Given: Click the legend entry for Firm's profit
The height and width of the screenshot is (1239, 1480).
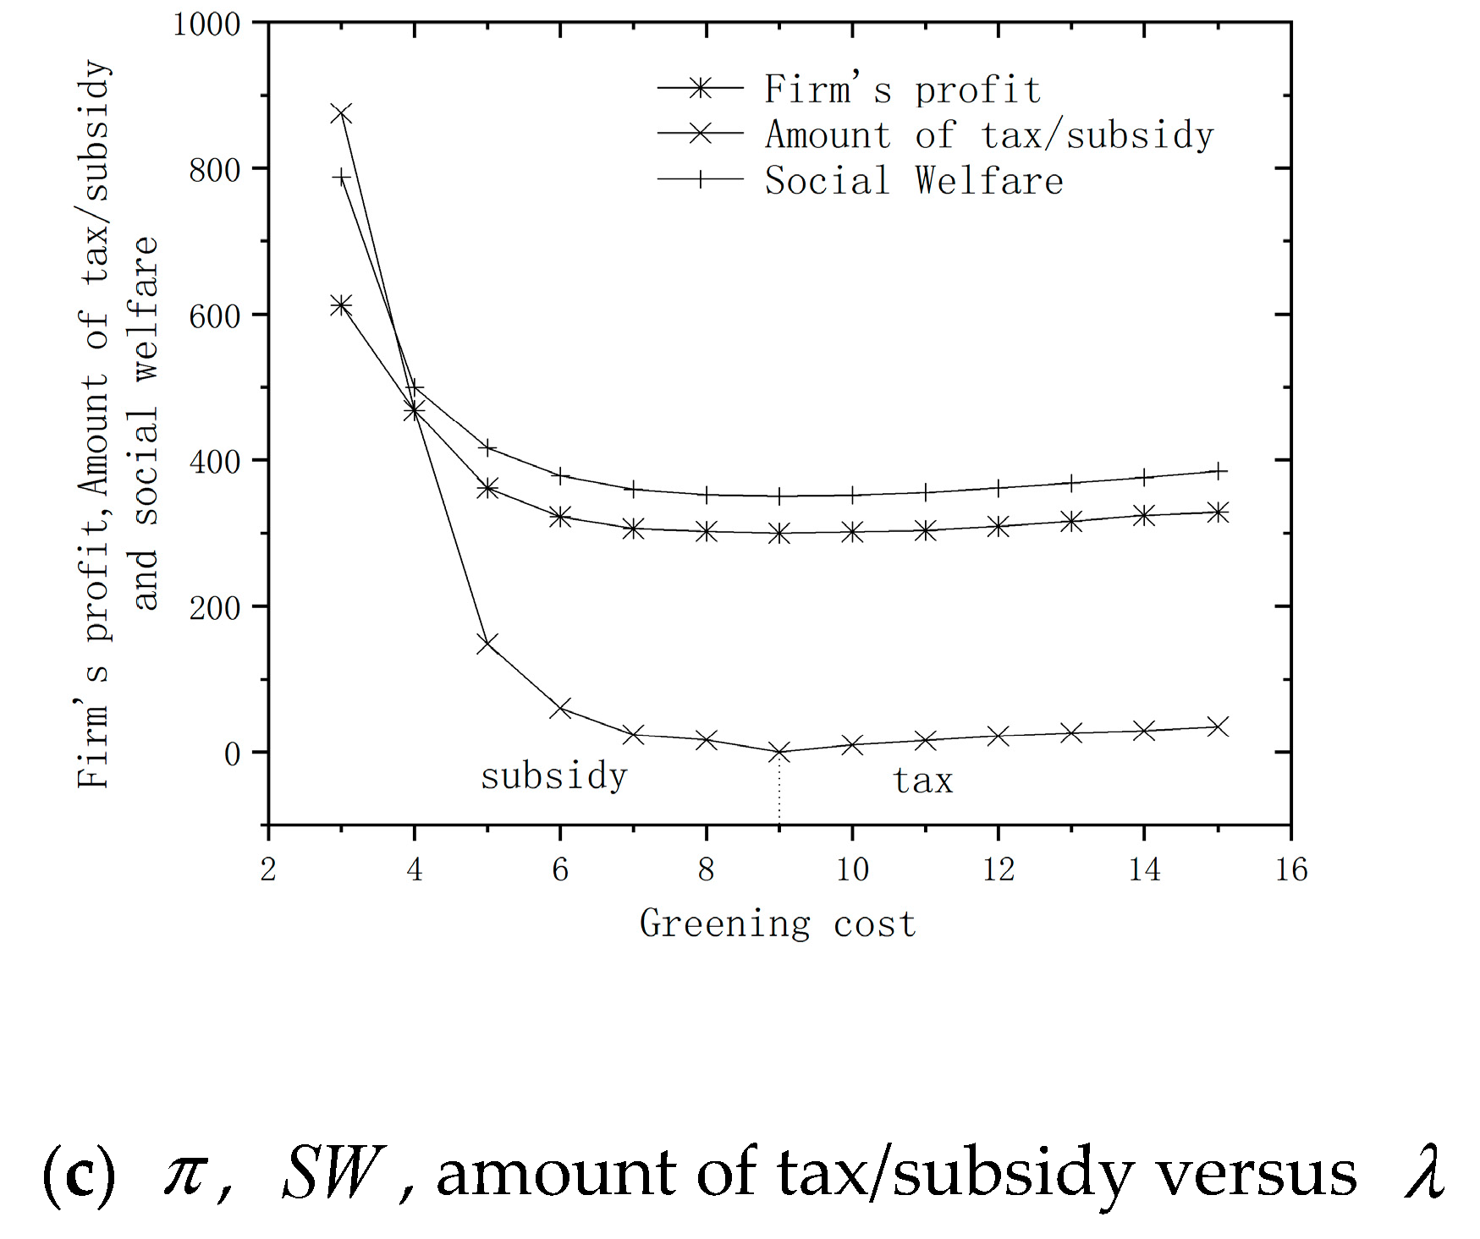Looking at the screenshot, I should [902, 90].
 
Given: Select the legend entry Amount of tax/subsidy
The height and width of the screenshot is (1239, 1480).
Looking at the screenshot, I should [988, 135].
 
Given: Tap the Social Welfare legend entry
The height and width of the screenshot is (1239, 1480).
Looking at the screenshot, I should [913, 181].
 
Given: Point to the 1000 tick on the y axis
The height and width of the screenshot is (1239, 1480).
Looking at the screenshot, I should [206, 25].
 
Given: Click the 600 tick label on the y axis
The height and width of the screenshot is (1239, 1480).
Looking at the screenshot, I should [215, 316].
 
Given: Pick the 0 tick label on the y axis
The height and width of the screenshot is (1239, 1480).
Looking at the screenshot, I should [232, 754].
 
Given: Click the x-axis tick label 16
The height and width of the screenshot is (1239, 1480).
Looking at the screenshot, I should [1291, 869].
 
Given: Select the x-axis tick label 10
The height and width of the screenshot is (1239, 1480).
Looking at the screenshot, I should [852, 869].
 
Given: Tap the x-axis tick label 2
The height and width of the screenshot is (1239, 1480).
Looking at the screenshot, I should [268, 869].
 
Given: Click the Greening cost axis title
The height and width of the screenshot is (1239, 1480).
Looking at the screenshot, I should [777, 924].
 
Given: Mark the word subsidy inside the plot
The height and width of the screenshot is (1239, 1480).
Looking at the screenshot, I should [554, 776].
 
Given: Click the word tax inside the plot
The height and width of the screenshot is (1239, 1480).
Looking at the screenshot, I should [923, 781].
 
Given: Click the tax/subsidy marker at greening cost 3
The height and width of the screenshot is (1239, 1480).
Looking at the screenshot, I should [341, 113].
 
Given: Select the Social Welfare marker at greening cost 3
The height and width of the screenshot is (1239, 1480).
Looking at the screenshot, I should [341, 177].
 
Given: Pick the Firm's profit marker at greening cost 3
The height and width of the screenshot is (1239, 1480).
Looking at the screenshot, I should [341, 305].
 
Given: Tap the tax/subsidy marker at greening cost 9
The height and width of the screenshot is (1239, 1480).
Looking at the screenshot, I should [779, 751].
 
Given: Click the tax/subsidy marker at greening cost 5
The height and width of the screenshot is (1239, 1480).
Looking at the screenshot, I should [487, 643].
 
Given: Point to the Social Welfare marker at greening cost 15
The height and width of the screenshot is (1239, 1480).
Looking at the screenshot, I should [1217, 471].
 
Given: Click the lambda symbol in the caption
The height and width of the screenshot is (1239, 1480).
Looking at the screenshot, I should [1424, 1173].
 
